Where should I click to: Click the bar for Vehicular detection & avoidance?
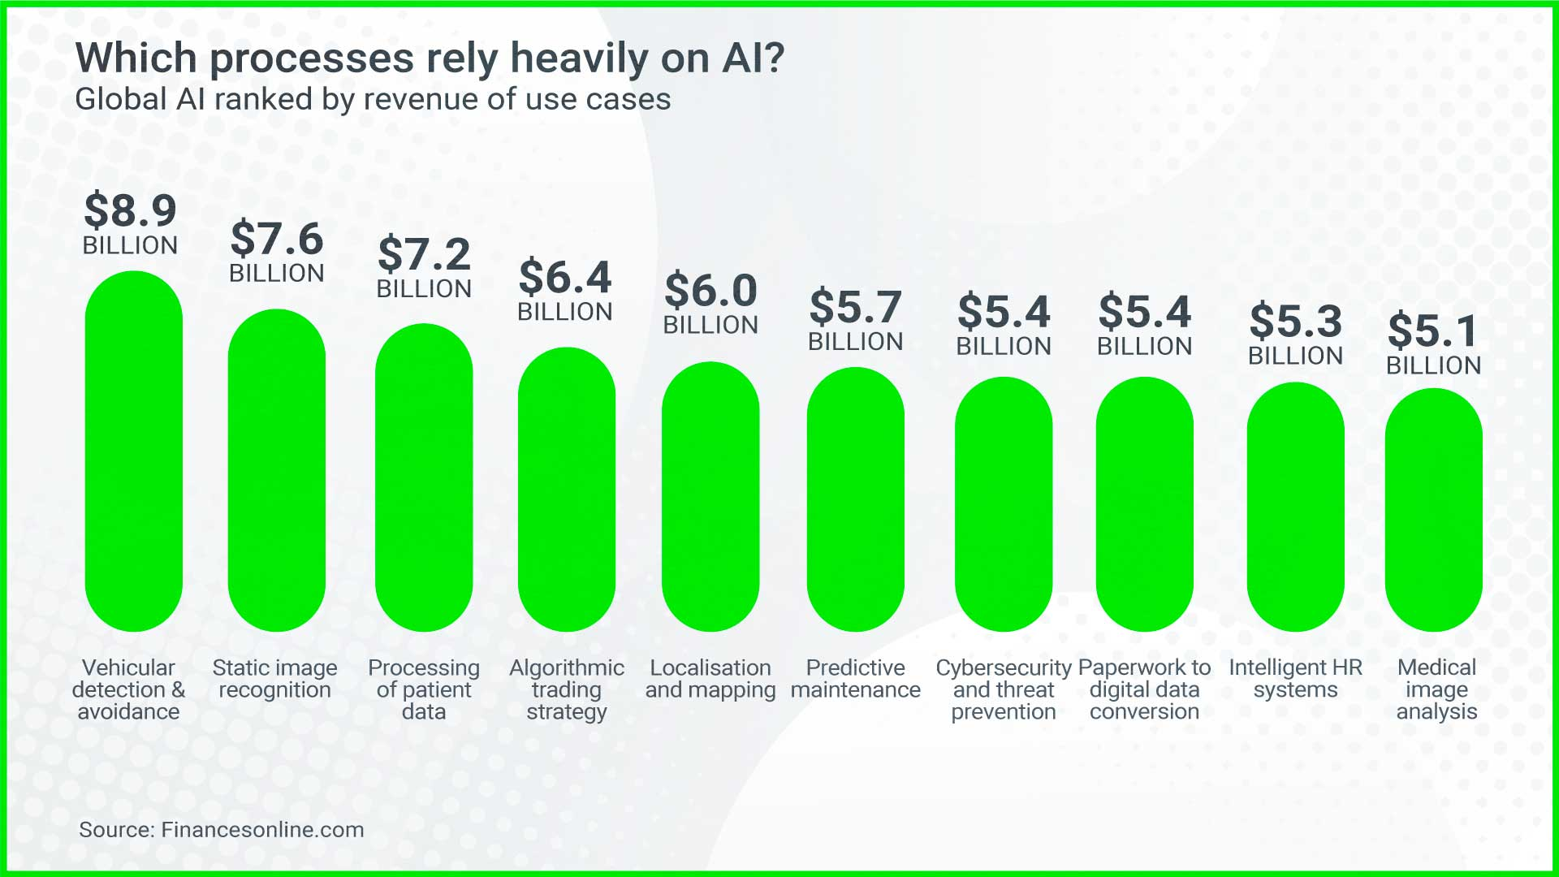(134, 451)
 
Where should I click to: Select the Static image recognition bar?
(277, 470)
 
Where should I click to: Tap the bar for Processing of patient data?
(424, 477)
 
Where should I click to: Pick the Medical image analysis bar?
(1434, 510)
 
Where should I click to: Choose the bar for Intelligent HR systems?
(1296, 507)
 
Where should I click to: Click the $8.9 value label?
(131, 210)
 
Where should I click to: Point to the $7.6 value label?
(277, 239)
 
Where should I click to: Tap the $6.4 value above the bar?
(565, 277)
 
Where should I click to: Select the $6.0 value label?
(711, 290)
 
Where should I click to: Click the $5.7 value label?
(856, 307)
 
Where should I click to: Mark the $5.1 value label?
(1434, 330)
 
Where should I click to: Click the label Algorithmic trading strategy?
(567, 689)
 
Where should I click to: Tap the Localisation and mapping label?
(710, 679)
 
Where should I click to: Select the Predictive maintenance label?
(856, 679)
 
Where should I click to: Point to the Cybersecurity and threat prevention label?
(1004, 689)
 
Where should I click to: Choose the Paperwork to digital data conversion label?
(1144, 689)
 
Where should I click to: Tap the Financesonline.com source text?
(262, 830)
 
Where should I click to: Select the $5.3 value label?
(1296, 321)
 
